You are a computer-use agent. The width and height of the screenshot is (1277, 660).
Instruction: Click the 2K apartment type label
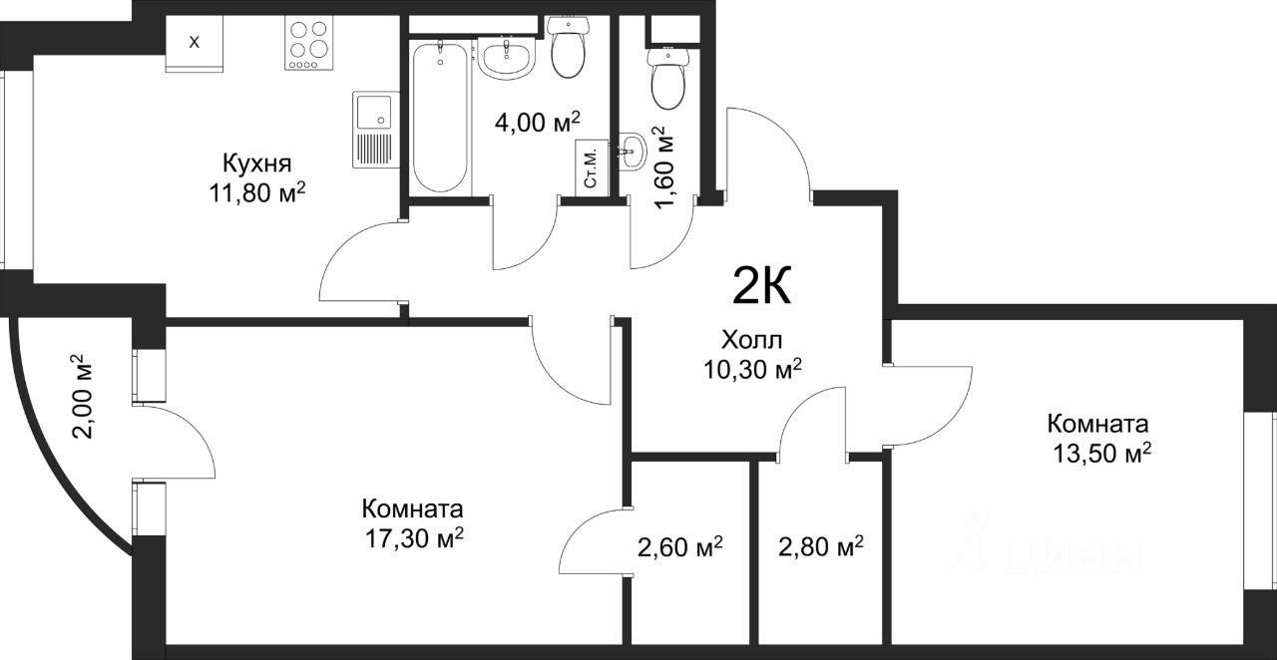[x=762, y=287]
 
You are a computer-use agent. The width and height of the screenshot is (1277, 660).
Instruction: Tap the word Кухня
[x=256, y=164]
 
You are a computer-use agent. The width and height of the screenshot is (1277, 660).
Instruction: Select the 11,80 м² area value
[x=257, y=192]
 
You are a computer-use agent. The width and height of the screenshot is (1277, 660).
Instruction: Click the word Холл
[x=752, y=341]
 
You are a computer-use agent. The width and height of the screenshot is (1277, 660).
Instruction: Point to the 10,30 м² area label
[x=752, y=369]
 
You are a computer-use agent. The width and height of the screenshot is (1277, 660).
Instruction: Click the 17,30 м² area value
[x=414, y=537]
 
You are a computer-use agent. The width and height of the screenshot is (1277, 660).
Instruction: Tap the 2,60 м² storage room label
[x=680, y=547]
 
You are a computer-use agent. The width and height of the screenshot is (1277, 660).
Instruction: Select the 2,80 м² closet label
[x=821, y=546]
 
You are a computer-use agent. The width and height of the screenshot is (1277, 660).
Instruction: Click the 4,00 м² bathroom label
[x=538, y=122]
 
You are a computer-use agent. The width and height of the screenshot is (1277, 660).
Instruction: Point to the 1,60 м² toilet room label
[x=663, y=168]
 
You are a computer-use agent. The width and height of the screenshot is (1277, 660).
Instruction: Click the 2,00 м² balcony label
[x=82, y=397]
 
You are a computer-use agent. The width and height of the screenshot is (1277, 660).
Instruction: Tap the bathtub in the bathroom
[x=441, y=117]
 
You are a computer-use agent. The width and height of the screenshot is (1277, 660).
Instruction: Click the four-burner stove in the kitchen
[x=308, y=43]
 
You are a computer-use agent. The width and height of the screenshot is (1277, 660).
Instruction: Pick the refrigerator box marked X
[x=194, y=43]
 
